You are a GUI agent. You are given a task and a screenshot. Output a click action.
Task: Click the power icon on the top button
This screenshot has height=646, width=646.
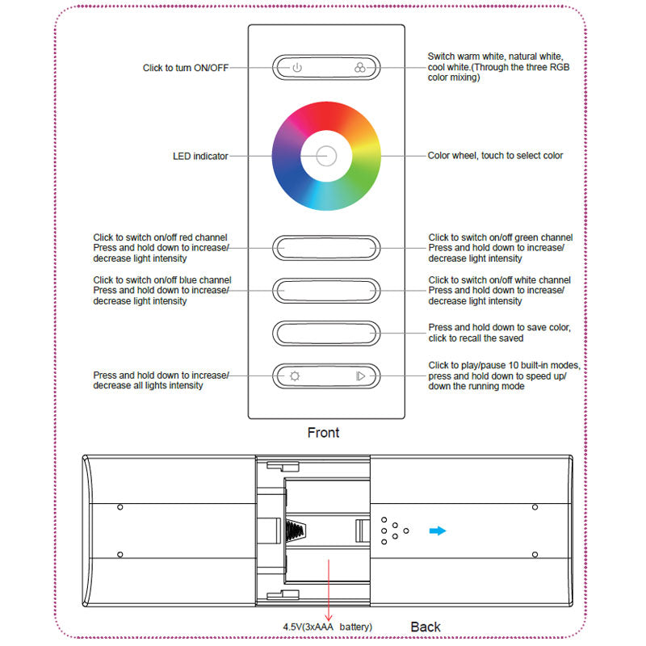(x=297, y=68)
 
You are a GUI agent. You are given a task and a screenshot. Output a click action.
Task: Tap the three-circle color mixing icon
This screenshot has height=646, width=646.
(x=359, y=68)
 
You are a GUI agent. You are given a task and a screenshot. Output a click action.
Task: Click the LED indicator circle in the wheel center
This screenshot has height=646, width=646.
(x=326, y=156)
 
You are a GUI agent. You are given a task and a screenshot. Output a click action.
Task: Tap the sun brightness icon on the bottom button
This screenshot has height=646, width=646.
(x=295, y=376)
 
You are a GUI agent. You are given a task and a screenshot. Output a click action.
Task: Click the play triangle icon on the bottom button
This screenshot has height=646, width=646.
(x=360, y=376)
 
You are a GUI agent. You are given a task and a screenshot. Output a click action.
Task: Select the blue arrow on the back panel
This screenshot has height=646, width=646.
(x=438, y=531)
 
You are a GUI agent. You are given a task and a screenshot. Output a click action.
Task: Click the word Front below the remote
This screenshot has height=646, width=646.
(x=324, y=433)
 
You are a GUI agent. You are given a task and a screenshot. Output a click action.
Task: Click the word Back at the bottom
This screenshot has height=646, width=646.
(x=426, y=627)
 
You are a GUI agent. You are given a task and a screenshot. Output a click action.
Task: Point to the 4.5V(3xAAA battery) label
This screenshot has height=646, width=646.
(x=327, y=627)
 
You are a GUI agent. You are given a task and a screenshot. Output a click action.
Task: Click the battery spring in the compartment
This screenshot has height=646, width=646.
(x=296, y=531)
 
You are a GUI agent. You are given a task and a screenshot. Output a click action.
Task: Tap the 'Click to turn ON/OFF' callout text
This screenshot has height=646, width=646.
(x=186, y=68)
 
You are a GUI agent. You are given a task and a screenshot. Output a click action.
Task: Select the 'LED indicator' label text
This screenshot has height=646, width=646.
(x=200, y=156)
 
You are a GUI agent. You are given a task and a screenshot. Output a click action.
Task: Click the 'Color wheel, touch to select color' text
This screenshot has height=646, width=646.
(x=495, y=156)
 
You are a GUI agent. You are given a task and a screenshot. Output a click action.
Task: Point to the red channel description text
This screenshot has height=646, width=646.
(x=161, y=248)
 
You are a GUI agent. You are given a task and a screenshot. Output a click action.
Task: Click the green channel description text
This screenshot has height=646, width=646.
(x=500, y=248)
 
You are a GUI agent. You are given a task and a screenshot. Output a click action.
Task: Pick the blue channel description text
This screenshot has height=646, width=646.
(x=162, y=291)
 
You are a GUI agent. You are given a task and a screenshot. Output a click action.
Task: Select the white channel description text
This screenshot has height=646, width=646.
(x=499, y=291)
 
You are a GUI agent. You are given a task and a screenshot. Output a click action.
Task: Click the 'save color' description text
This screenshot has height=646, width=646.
(x=499, y=333)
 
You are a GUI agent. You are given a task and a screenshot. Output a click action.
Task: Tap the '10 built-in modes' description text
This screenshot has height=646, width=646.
(x=504, y=375)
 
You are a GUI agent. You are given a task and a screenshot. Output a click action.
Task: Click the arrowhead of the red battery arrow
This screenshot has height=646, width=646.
(x=329, y=618)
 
